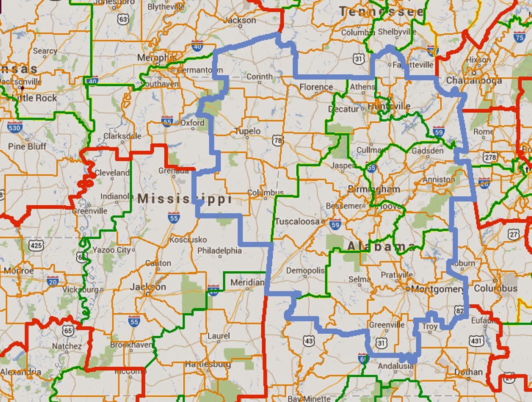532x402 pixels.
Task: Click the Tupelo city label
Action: click(248, 131)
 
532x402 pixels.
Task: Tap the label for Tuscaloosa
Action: click(297, 221)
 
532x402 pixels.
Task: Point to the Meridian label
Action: click(247, 282)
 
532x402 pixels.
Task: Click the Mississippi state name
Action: click(185, 199)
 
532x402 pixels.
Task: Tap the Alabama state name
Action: click(381, 246)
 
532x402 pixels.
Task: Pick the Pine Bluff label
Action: click(27, 146)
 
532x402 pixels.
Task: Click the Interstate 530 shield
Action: click(14, 127)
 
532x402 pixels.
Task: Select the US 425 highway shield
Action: click(36, 245)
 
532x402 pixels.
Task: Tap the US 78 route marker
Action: click(278, 141)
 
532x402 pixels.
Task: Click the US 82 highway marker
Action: click(460, 311)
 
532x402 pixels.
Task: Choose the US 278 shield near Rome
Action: click(491, 157)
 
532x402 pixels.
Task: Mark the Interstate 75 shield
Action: click(519, 37)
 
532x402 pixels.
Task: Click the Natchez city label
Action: click(67, 346)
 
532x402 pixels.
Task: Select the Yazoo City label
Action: click(111, 250)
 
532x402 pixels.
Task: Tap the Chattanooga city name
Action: click(474, 81)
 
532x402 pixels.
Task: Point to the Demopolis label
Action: click(305, 271)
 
